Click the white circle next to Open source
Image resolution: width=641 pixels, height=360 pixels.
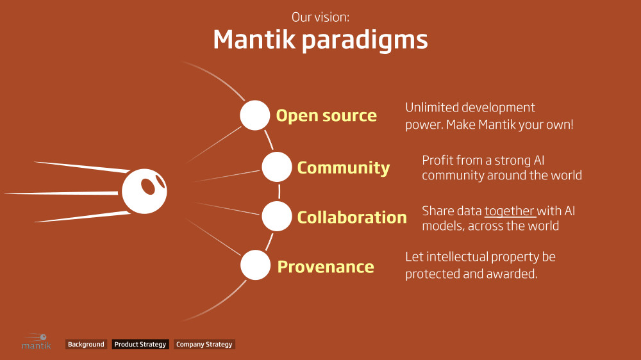tap(255, 115)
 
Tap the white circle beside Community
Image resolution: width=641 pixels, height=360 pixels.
tap(277, 167)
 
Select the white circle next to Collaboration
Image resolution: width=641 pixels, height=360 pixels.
tap(277, 217)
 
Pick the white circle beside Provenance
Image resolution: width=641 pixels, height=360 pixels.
tap(255, 265)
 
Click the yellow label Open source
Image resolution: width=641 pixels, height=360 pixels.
tap(326, 116)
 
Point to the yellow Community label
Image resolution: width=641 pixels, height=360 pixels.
tap(343, 168)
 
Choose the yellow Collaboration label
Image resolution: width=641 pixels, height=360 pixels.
tap(351, 217)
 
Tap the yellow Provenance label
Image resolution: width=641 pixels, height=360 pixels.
tap(326, 266)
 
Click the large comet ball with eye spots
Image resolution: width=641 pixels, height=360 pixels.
tap(144, 192)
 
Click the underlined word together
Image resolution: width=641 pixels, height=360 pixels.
tap(510, 210)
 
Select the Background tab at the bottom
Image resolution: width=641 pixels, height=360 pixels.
tap(86, 345)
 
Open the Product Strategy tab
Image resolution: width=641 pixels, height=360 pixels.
tap(140, 345)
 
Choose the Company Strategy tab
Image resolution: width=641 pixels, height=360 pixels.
tap(204, 345)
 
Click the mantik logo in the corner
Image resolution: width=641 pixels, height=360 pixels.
tap(36, 341)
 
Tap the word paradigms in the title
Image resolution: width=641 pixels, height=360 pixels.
tap(364, 40)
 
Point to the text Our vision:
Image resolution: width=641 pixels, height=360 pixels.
tap(320, 17)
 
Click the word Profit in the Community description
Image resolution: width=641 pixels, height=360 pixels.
tap(438, 160)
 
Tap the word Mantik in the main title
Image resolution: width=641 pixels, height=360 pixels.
tap(254, 40)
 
